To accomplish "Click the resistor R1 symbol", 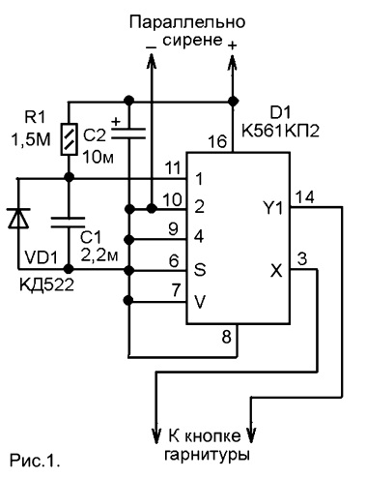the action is click(69, 139).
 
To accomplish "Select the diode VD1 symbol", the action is click(18, 219).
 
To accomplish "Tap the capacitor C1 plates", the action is click(68, 223).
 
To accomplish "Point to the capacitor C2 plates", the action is click(128, 134).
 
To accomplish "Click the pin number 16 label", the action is click(217, 141).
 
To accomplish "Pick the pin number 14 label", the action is click(304, 196).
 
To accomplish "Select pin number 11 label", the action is click(173, 168).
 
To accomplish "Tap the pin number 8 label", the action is click(227, 338).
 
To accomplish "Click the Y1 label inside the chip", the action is click(273, 208).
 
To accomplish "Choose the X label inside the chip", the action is click(276, 271).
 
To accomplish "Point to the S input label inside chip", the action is click(200, 270).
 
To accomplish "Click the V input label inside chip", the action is click(200, 302).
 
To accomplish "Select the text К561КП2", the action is click(280, 132).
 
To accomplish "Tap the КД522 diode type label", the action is click(46, 284).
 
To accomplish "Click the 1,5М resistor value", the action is click(31, 140).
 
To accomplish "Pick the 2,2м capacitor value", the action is click(99, 255).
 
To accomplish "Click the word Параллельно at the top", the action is click(187, 23).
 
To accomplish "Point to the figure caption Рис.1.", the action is click(35, 460).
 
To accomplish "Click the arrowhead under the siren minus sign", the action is click(152, 61).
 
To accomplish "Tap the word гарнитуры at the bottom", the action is click(207, 455).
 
